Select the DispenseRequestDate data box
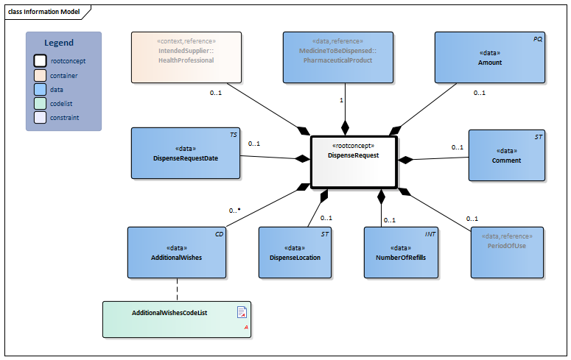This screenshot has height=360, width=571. point(186,153)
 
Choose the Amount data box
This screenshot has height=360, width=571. point(489,57)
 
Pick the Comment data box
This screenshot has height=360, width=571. point(507,155)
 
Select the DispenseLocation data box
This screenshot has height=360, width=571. point(295,252)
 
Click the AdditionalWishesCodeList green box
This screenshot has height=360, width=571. point(177,319)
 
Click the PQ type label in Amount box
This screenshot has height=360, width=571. point(538,38)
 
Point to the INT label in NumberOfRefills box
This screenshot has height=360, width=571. point(431,233)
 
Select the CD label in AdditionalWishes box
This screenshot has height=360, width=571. point(219,233)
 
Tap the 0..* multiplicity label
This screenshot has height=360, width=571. point(235,211)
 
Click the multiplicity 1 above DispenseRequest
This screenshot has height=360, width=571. point(341,100)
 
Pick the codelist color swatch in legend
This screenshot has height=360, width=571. point(41,103)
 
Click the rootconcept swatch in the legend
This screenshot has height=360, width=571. point(41,61)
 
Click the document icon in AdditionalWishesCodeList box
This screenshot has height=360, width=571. point(241,311)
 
